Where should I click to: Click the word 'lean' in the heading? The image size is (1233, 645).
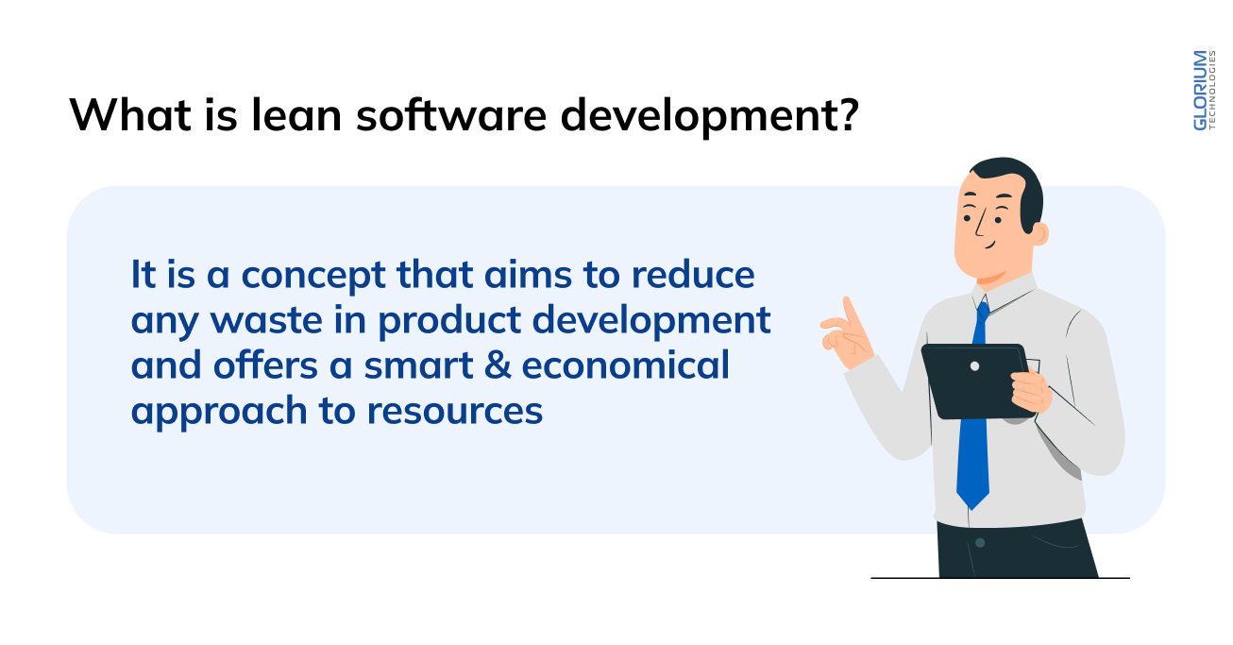click(290, 113)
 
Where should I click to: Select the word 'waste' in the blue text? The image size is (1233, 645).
click(266, 320)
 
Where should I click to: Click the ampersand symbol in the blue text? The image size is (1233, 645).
click(499, 365)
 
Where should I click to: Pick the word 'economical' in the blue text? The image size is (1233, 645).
click(626, 365)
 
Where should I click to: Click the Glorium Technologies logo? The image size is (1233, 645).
click(1202, 91)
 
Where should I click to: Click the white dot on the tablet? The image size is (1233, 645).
click(974, 365)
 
